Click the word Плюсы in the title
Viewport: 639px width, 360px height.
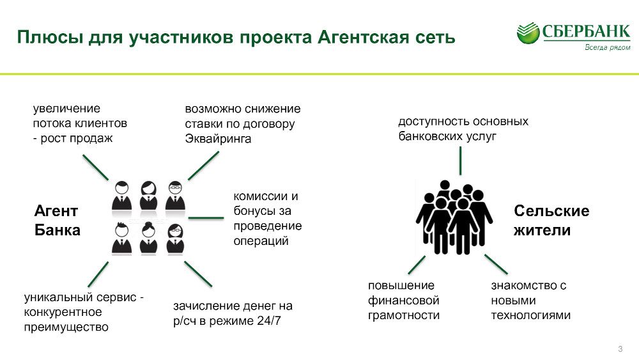click(x=49, y=37)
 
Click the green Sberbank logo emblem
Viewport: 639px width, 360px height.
click(x=528, y=33)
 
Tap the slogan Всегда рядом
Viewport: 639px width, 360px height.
click(x=607, y=47)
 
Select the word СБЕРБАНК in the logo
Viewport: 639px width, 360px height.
click(x=586, y=31)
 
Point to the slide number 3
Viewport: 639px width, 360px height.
click(x=620, y=349)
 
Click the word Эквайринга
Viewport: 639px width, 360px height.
click(x=218, y=139)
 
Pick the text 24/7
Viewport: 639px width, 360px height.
click(x=269, y=321)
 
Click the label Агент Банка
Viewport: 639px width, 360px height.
click(x=57, y=221)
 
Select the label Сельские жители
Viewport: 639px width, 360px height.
click(x=551, y=221)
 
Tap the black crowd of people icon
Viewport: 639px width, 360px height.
click(x=454, y=217)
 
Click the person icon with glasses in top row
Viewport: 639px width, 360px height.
click(x=175, y=196)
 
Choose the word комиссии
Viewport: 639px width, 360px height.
click(x=261, y=196)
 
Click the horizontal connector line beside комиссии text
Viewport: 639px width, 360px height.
click(x=206, y=217)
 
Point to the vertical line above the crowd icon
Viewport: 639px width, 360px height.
click(x=461, y=160)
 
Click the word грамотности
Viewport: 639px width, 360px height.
click(x=403, y=316)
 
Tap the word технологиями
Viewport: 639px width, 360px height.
click(x=530, y=316)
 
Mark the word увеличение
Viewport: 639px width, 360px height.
click(x=66, y=109)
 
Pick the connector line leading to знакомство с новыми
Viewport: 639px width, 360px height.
click(x=496, y=264)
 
